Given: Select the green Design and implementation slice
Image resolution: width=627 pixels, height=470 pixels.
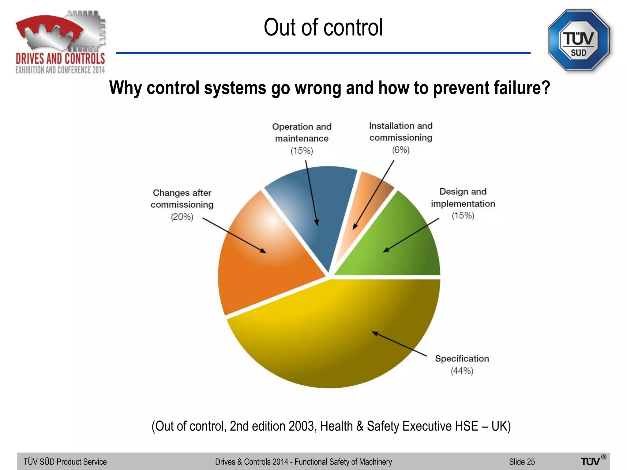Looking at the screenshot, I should point(407,245).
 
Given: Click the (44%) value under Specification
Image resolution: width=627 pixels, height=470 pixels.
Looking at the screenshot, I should point(462,371).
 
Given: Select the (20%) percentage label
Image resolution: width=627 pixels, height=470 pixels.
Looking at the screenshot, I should point(182,217).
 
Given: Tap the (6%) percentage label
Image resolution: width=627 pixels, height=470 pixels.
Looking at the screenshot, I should point(401,150).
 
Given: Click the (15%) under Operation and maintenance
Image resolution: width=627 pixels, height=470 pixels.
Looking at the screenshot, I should point(302,151).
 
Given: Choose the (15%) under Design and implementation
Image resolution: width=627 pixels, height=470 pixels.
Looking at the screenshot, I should point(463,215).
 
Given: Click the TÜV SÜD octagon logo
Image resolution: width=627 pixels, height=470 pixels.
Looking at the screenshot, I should point(578,40).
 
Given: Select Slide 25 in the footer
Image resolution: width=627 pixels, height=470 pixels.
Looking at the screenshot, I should point(522,462).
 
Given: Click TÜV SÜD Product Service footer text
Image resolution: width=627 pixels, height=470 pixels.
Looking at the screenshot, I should point(65,462).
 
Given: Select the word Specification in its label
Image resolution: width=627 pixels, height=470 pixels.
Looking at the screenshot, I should point(462,359).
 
